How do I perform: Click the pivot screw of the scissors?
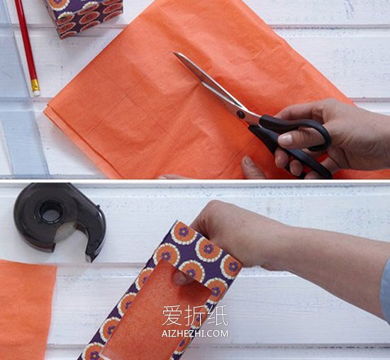coord(240,114)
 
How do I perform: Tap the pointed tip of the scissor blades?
coord(174,53)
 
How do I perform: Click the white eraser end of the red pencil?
coord(37,93)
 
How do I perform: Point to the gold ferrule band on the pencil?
coord(35,85)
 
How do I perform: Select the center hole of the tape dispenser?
coord(51,213)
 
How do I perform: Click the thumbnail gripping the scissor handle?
coord(285,140)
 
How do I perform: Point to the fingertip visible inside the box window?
coord(181,278)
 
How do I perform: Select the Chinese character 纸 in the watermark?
coord(217,315)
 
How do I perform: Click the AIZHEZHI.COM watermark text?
coord(195,333)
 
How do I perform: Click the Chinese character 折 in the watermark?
coord(195,315)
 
